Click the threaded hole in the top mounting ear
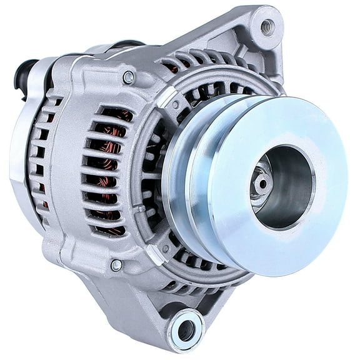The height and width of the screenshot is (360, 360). (267, 26)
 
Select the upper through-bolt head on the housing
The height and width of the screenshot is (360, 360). (128, 77)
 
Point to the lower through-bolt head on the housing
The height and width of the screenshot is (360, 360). (116, 265)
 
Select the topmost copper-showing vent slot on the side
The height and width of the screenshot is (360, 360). (116, 116)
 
